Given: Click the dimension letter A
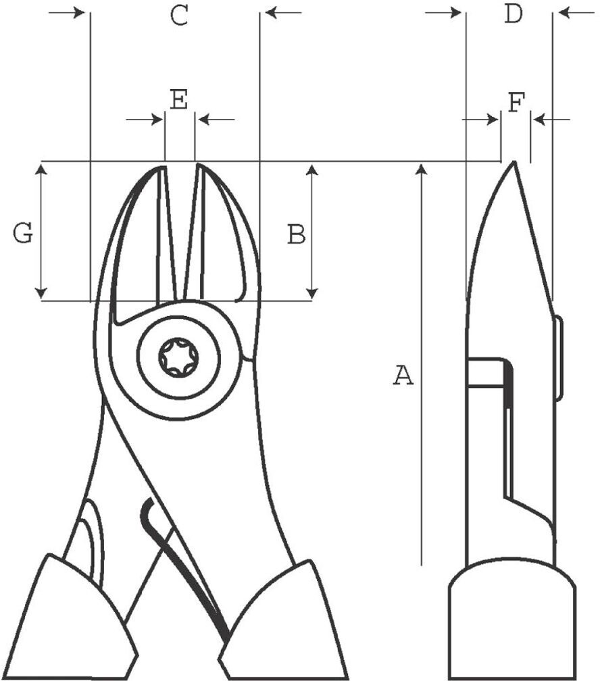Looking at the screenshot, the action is point(403,375).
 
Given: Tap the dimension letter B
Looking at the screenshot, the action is point(297,234).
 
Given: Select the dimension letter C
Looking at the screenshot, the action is point(178,16).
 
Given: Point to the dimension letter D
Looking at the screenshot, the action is point(513,14).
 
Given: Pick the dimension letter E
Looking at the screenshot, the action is point(178,99).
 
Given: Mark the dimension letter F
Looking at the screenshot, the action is point(517,103).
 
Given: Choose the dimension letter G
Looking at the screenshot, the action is point(22,233).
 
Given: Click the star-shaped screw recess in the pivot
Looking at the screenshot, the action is point(178,357).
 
